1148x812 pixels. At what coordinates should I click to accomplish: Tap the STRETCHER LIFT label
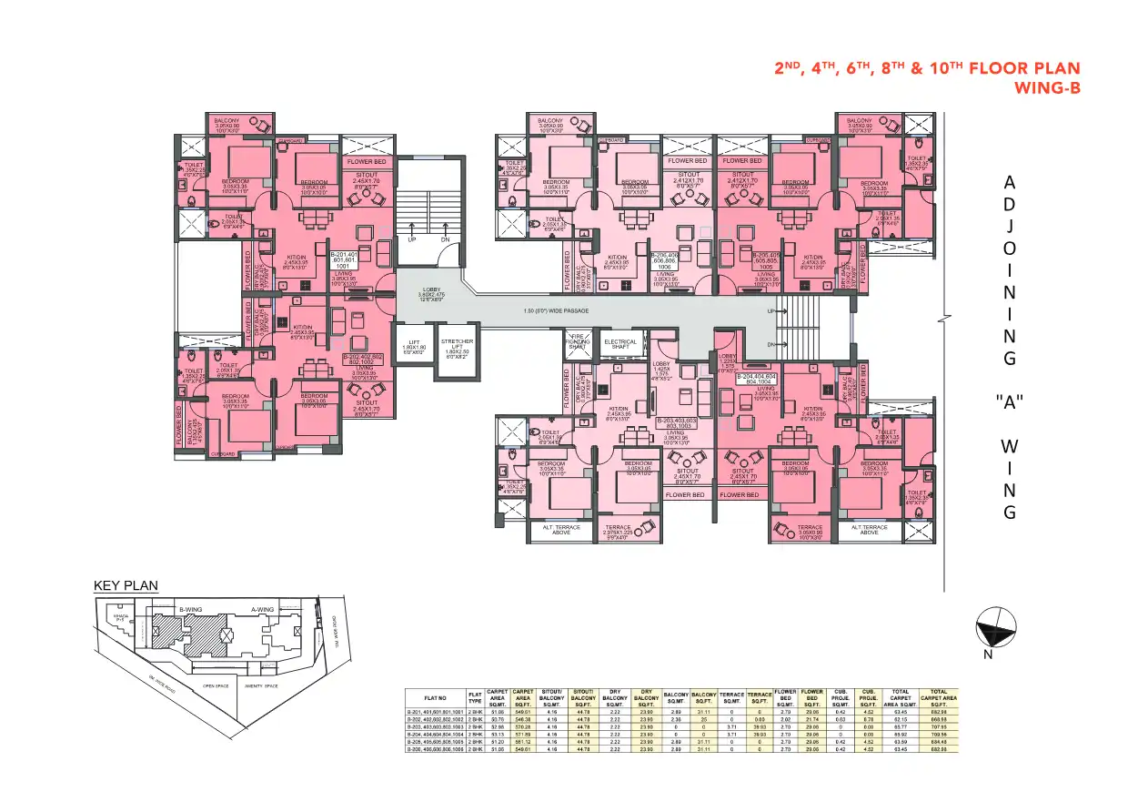click(457, 346)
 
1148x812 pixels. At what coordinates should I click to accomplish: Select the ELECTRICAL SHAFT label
click(621, 344)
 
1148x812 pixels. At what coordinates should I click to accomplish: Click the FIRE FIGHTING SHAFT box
click(577, 343)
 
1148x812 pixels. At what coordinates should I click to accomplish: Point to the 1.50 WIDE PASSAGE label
click(557, 311)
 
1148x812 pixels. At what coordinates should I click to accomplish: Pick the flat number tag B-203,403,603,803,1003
click(686, 423)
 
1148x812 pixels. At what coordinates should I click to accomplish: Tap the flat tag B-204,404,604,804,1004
click(757, 379)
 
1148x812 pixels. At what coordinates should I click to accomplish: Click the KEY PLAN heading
click(126, 585)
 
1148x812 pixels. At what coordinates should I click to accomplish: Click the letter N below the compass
click(988, 655)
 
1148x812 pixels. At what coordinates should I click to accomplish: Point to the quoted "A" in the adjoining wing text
click(1009, 404)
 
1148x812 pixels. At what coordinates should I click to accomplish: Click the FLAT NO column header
click(436, 699)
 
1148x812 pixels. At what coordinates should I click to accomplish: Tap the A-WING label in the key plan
click(262, 609)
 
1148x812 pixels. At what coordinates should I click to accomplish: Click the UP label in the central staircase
click(412, 239)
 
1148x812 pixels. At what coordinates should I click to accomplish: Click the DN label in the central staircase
click(446, 239)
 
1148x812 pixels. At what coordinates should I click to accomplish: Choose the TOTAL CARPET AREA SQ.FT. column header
click(939, 699)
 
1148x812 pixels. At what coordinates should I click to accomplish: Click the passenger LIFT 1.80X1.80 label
click(414, 346)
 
